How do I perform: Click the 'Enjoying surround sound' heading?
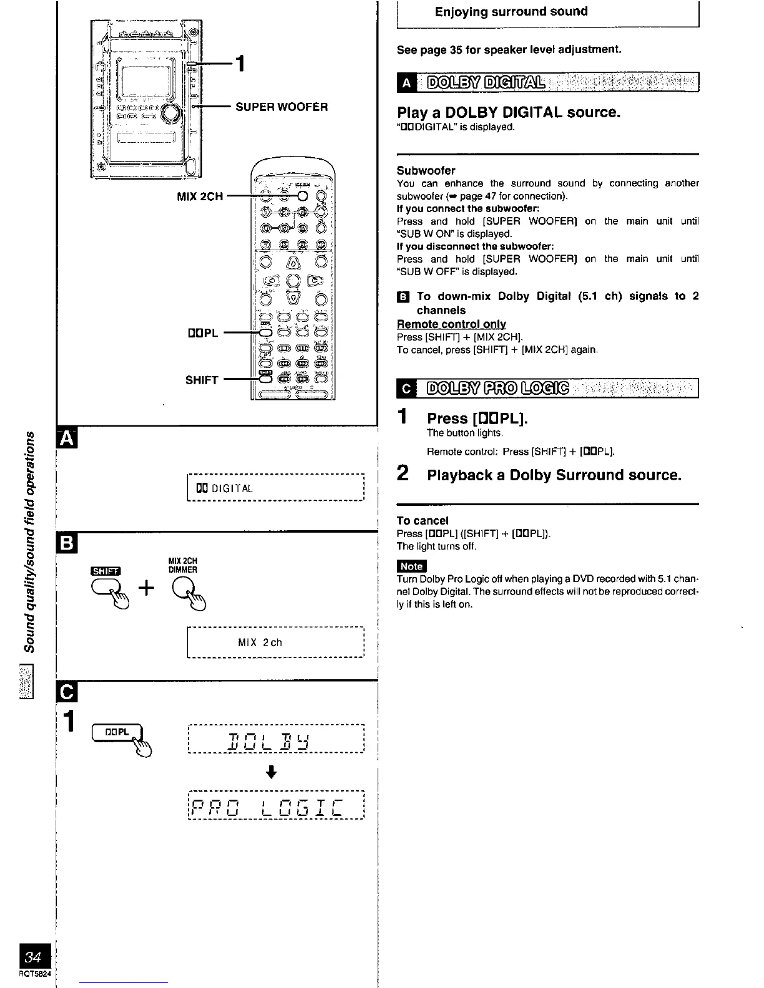[x=511, y=12]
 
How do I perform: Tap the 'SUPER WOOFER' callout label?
[x=281, y=107]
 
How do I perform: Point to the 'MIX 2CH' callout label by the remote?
[x=200, y=196]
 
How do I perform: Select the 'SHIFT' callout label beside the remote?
[x=202, y=380]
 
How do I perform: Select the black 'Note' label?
[x=411, y=566]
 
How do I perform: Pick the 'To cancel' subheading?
[x=423, y=520]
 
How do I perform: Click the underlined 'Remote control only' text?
[x=451, y=324]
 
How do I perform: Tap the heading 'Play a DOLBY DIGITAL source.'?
[x=509, y=112]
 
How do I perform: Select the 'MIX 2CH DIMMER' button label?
[x=183, y=565]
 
